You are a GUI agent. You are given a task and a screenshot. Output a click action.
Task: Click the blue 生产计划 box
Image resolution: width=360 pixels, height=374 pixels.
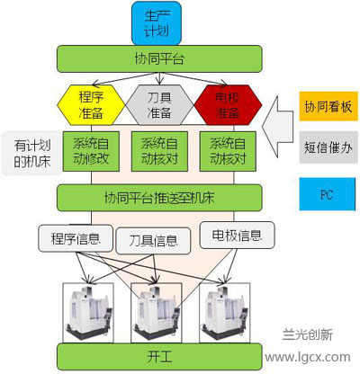coord(157,23)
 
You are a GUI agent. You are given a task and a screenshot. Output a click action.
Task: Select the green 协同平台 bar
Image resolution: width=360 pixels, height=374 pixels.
coord(159,58)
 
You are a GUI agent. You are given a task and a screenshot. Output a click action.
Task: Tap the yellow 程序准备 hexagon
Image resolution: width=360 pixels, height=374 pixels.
coord(91,105)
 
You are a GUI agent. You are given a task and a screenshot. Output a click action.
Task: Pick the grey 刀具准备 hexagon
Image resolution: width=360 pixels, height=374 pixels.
coord(159,105)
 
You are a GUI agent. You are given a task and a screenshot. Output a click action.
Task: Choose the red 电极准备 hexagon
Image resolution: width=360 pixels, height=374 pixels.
coord(228,105)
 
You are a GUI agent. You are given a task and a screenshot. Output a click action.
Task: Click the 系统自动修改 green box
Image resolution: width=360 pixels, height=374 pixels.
coord(91,151)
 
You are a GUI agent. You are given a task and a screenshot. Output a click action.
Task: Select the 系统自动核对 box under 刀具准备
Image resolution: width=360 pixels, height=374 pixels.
coord(159,151)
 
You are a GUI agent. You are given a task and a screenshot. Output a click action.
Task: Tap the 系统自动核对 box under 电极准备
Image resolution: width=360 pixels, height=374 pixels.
coord(228,151)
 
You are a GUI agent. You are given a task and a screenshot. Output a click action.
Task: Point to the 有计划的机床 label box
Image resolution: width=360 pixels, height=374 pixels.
coord(31,153)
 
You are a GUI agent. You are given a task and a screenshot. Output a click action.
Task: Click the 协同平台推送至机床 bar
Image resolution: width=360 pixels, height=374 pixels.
coord(159,198)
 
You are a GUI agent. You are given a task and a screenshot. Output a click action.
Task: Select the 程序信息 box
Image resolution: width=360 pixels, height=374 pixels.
coord(76,238)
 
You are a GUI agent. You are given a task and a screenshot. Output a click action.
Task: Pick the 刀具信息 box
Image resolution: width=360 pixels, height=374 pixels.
coord(153,241)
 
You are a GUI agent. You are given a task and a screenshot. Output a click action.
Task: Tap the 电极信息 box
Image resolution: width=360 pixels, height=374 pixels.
coord(237,236)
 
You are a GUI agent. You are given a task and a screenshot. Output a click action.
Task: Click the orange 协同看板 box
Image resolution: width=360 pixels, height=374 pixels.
coord(328,106)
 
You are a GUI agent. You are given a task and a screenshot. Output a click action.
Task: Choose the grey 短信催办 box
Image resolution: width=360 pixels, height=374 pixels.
coord(328,147)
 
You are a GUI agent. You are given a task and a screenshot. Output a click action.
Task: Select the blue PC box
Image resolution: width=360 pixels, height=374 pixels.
coord(328,194)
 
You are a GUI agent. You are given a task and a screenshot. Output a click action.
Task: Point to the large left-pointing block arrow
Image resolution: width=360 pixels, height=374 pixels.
coord(277,127)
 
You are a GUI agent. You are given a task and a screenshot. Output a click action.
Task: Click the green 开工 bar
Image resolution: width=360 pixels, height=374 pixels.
coord(159,357)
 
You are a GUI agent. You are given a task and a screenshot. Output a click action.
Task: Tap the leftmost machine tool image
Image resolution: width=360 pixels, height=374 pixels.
coord(88,313)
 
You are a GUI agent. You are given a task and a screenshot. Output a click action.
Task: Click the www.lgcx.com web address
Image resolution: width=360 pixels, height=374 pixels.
coord(308,357)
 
